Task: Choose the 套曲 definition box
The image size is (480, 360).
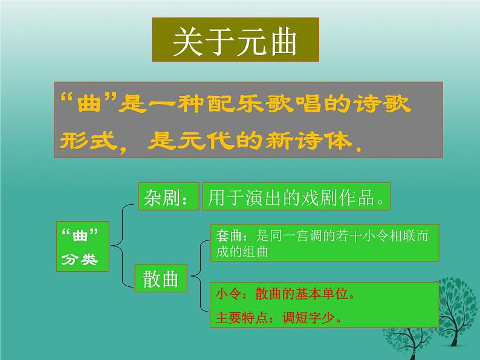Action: point(325,243)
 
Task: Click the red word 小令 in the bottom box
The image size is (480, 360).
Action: point(225,297)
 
